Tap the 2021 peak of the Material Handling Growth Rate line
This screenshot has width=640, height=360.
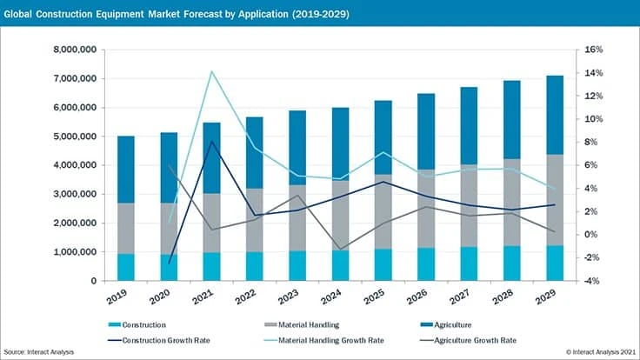tap(211, 71)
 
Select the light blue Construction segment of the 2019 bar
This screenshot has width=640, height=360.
tap(126, 267)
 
